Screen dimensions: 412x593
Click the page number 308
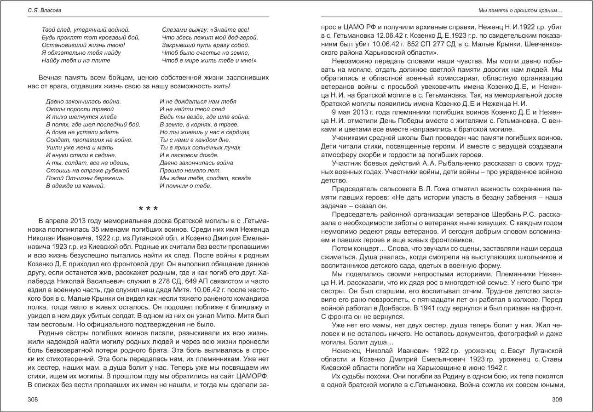(x=32, y=400)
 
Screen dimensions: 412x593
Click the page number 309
(x=558, y=400)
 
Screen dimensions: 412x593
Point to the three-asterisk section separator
(x=148, y=208)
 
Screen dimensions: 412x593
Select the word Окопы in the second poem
(x=55, y=109)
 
